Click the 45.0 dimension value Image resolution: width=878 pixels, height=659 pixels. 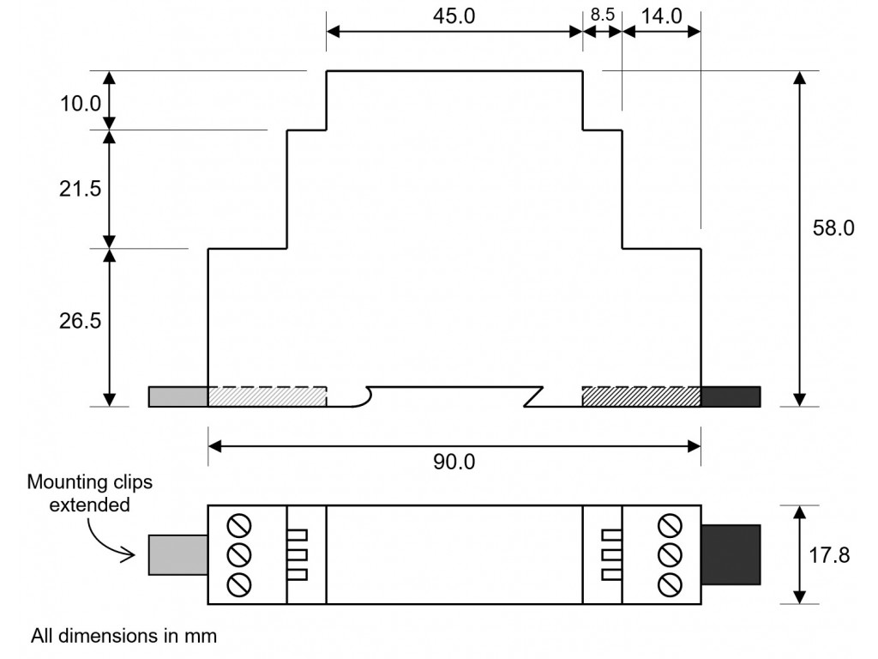point(454,16)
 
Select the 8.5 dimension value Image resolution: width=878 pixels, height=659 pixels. point(603,15)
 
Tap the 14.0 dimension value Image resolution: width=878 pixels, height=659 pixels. point(661,16)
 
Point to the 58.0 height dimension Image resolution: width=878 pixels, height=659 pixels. point(833,228)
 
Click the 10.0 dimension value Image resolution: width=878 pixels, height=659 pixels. point(80,104)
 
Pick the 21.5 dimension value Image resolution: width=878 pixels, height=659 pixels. point(80,189)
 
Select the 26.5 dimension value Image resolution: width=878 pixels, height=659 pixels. point(80,321)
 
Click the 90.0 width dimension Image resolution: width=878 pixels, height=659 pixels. point(454,462)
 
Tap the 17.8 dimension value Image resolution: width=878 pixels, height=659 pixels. point(829,555)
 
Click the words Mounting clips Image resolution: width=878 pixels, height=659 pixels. point(89,482)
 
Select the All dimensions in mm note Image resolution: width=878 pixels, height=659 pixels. point(123,636)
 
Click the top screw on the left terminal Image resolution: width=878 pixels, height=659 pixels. point(239,526)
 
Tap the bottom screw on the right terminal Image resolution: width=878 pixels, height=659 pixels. point(669,584)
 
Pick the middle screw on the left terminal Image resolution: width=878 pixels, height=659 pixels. point(239,555)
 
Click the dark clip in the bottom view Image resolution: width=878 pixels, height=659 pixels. point(731,555)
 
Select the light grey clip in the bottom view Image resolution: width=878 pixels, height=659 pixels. point(178,555)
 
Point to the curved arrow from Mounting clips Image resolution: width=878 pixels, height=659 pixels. point(103,539)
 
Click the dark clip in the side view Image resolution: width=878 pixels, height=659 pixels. point(731,396)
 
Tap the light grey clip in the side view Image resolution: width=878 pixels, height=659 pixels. point(178,396)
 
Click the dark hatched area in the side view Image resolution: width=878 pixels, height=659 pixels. point(641,396)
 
